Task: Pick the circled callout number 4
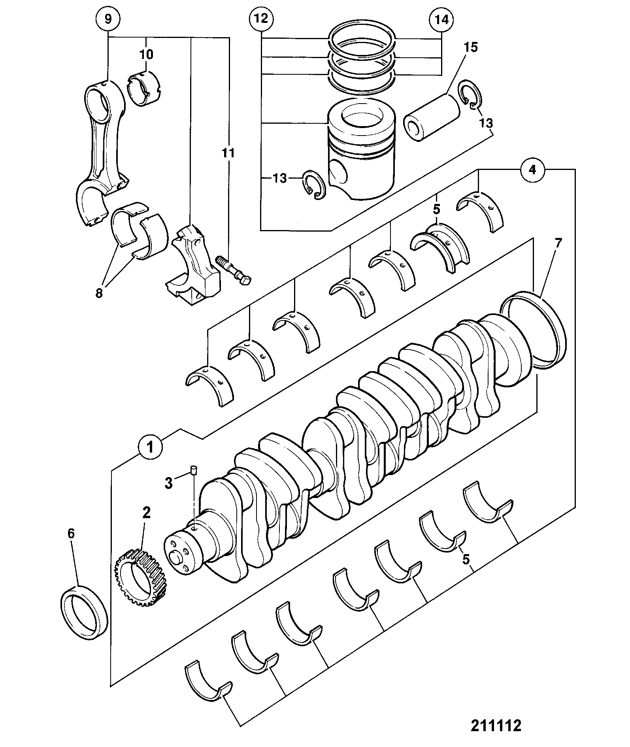[532, 170]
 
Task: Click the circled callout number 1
[150, 448]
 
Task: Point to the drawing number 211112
[496, 725]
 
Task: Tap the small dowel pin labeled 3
[194, 470]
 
